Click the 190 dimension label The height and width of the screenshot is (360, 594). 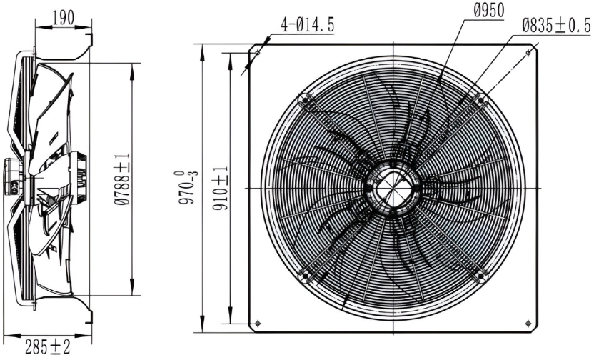(x=64, y=17)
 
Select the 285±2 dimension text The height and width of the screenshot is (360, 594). (x=48, y=346)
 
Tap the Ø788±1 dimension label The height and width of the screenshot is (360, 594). (x=122, y=179)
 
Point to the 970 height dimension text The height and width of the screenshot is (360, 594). (x=188, y=187)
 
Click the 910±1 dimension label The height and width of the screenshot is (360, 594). (x=220, y=188)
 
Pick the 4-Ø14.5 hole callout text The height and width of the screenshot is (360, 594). (x=307, y=25)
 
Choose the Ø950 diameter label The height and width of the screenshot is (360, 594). (x=489, y=11)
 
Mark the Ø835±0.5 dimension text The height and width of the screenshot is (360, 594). (x=556, y=26)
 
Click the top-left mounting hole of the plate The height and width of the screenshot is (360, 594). (x=258, y=52)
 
